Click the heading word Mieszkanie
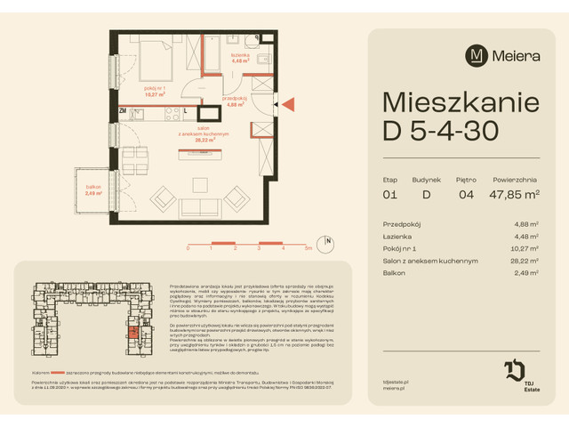point(456,101)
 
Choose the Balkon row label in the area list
point(394,274)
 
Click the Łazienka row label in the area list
point(398,236)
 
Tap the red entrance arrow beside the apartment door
point(288,104)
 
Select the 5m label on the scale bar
point(308,250)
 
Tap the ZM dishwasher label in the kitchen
point(123,111)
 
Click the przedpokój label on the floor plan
point(235,101)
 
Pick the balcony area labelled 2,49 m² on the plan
point(95,189)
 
